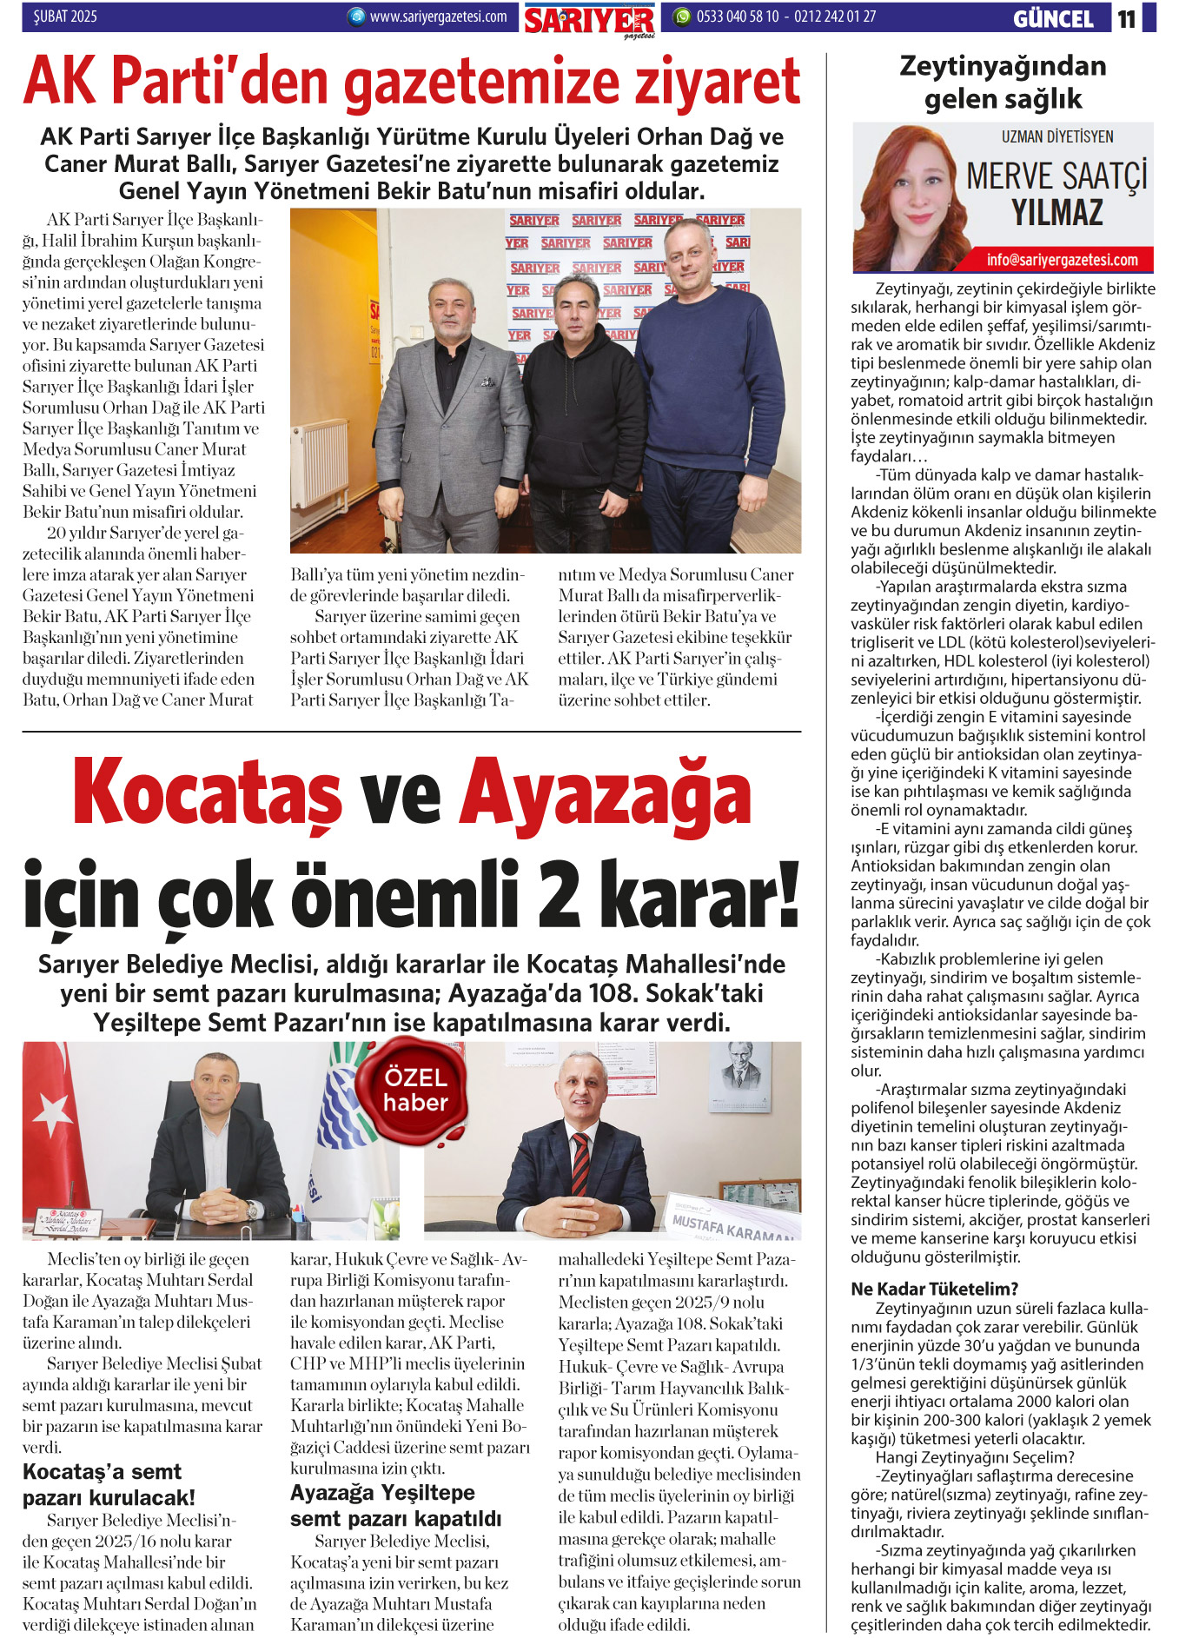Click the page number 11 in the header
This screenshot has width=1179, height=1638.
pyautogui.click(x=1127, y=18)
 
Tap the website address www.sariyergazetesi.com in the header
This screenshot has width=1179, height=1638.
pyautogui.click(x=438, y=17)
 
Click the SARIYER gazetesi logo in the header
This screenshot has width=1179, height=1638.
pyautogui.click(x=589, y=20)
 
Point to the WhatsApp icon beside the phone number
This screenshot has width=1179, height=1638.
pyautogui.click(x=682, y=17)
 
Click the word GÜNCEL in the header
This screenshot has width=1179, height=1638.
pyautogui.click(x=1053, y=18)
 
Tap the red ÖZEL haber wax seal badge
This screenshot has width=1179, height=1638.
pyautogui.click(x=415, y=1090)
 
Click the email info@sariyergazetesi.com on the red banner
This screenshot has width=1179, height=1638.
pyautogui.click(x=1062, y=260)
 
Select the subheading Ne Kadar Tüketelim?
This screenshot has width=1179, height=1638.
pyautogui.click(x=934, y=1289)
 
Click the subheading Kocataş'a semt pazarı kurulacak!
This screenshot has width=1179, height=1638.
pyautogui.click(x=109, y=1484)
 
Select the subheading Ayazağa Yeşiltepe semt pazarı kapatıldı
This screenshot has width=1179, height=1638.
pyautogui.click(x=395, y=1505)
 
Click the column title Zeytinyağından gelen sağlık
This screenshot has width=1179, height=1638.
pyautogui.click(x=1003, y=82)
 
